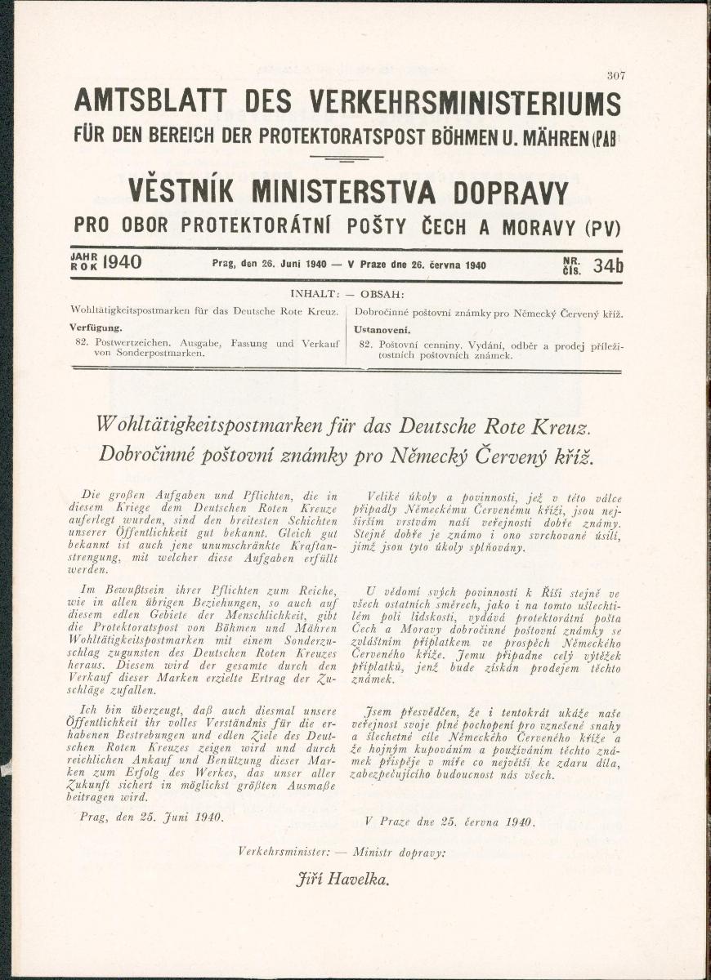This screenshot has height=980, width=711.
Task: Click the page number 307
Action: (616, 75)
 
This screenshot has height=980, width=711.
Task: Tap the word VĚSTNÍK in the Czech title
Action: (181, 193)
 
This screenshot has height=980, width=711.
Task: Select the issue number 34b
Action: (607, 265)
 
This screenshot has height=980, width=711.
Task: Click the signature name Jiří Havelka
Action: (342, 879)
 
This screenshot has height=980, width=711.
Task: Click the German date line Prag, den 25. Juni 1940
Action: (151, 816)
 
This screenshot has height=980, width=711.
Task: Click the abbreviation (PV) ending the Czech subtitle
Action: (602, 227)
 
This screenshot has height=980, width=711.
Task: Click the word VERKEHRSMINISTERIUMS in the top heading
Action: (466, 102)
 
